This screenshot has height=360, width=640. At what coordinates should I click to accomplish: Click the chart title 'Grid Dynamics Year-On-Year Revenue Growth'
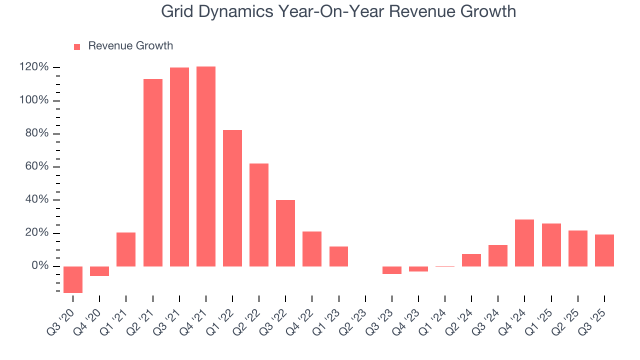click(338, 11)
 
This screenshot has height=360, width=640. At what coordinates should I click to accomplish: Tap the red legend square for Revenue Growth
click(77, 46)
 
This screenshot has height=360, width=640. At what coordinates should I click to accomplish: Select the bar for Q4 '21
click(206, 166)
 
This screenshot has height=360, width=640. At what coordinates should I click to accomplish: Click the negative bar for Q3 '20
click(73, 279)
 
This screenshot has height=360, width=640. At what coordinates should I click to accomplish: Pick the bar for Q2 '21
click(153, 172)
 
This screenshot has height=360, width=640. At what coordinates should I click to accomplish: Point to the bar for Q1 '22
click(232, 198)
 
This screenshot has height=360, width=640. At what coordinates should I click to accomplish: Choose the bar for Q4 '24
click(524, 242)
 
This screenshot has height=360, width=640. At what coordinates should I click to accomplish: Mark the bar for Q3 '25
click(604, 250)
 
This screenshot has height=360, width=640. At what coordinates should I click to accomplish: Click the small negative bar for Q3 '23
click(392, 270)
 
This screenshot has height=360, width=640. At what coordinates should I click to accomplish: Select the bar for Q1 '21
click(126, 249)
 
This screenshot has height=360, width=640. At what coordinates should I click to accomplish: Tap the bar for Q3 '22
click(285, 233)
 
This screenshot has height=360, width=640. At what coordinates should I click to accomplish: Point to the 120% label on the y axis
click(34, 67)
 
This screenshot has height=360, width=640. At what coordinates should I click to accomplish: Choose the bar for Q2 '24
click(471, 260)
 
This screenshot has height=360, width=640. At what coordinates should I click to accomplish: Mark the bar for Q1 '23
click(338, 256)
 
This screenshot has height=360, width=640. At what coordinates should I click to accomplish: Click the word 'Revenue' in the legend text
click(108, 46)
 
